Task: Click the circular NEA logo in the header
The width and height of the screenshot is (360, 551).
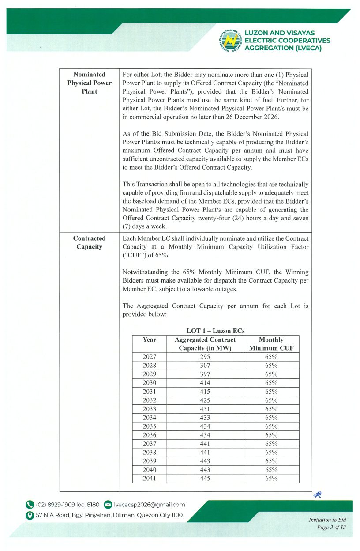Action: coord(230,41)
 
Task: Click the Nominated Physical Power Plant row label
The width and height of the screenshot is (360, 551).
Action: coord(89,83)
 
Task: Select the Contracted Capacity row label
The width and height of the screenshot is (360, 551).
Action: coord(89,242)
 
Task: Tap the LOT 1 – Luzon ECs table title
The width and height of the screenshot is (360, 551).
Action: coord(215,331)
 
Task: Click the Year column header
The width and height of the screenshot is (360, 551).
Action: coord(150,340)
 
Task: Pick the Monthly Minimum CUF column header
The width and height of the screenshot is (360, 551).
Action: coord(271,343)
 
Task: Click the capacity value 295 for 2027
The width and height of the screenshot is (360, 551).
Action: coord(205,357)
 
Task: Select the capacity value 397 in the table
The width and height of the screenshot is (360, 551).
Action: coord(205,374)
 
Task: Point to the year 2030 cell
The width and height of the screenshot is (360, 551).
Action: coord(150,383)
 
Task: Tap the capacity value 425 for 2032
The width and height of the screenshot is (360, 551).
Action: coord(205,400)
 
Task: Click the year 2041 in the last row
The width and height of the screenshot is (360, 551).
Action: coord(150,478)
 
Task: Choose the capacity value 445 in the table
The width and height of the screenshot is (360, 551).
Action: coord(205,478)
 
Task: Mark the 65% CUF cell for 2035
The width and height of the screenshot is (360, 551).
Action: coord(271,426)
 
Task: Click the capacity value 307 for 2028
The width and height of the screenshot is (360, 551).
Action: coord(205,366)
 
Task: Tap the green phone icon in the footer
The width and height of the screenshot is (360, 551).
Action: coord(30,505)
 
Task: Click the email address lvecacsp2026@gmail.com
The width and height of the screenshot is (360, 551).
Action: coord(150,505)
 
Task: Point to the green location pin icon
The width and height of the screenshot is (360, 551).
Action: coord(30,515)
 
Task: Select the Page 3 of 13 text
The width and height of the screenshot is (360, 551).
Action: coord(332,527)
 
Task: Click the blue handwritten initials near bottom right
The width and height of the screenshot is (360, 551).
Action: coord(317,495)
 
